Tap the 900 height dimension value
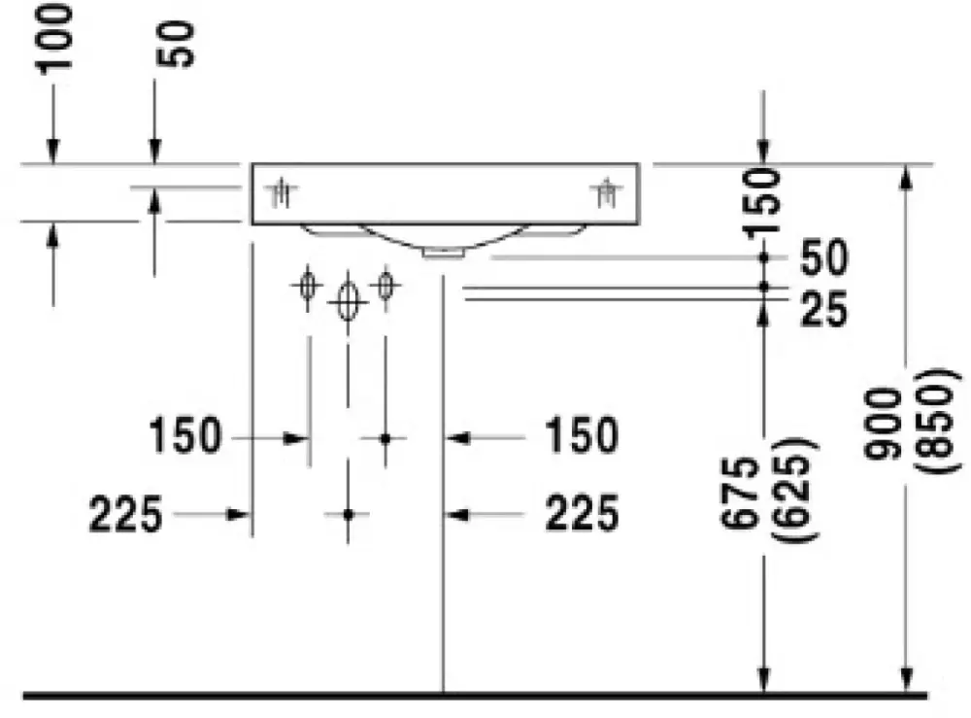pyautogui.click(x=885, y=424)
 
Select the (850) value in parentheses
pyautogui.click(x=938, y=422)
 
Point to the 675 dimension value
pyautogui.click(x=741, y=493)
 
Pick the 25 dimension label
pyautogui.click(x=823, y=310)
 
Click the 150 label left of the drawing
pyautogui.click(x=185, y=435)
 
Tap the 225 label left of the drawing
pyautogui.click(x=125, y=514)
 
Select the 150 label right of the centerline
pyautogui.click(x=582, y=435)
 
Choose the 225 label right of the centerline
pyautogui.click(x=582, y=513)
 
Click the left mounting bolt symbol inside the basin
pyautogui.click(x=283, y=193)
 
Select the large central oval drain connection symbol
pyautogui.click(x=348, y=301)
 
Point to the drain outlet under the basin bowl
pyautogui.click(x=444, y=253)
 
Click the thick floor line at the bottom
pyautogui.click(x=476, y=696)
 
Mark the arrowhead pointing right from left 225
pyautogui.click(x=239, y=514)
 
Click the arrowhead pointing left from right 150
pyautogui.click(x=457, y=438)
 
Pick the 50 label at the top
pyautogui.click(x=176, y=45)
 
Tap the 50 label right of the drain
pyautogui.click(x=823, y=257)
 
